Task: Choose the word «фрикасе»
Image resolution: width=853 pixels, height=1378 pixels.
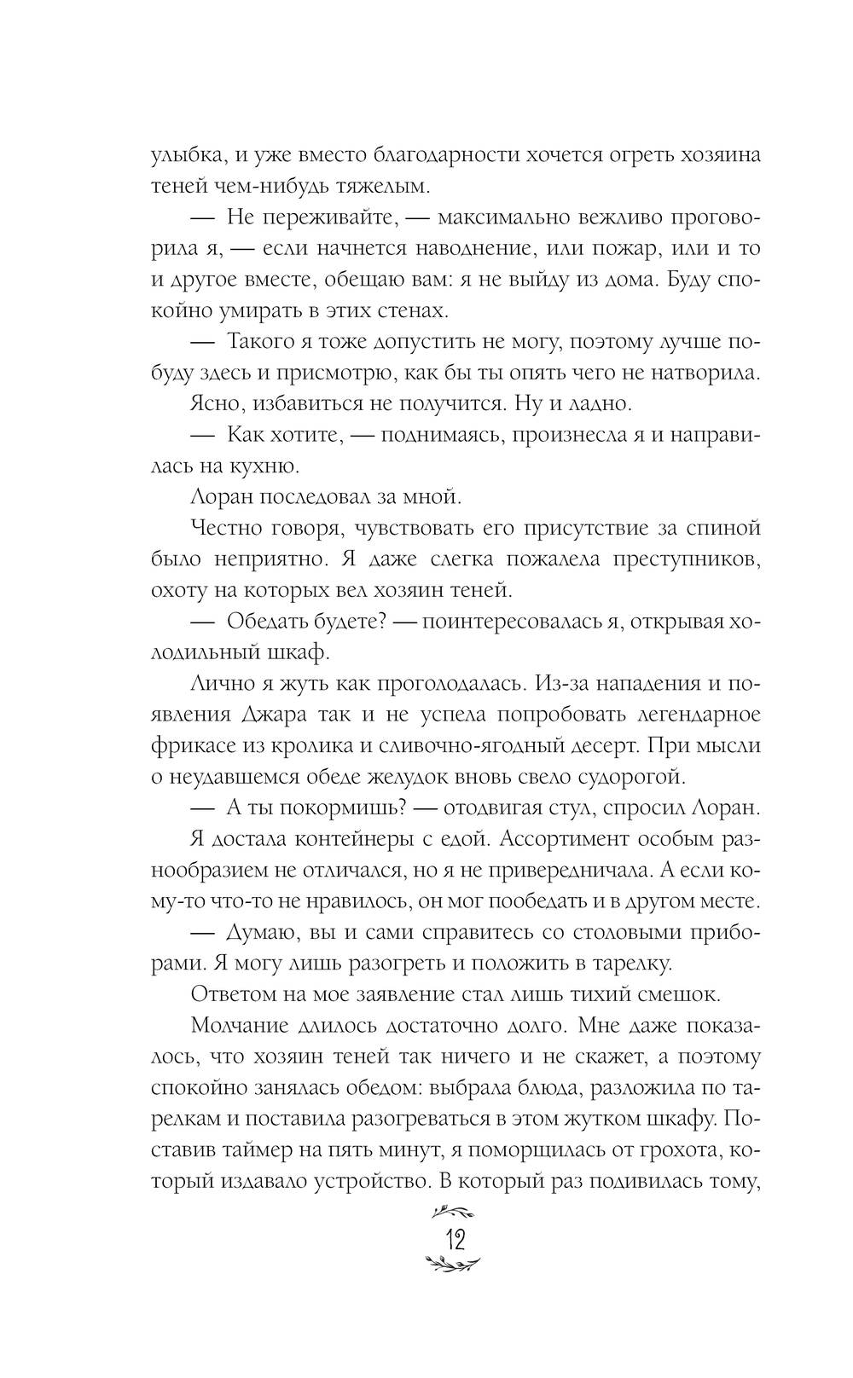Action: pyautogui.click(x=193, y=745)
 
